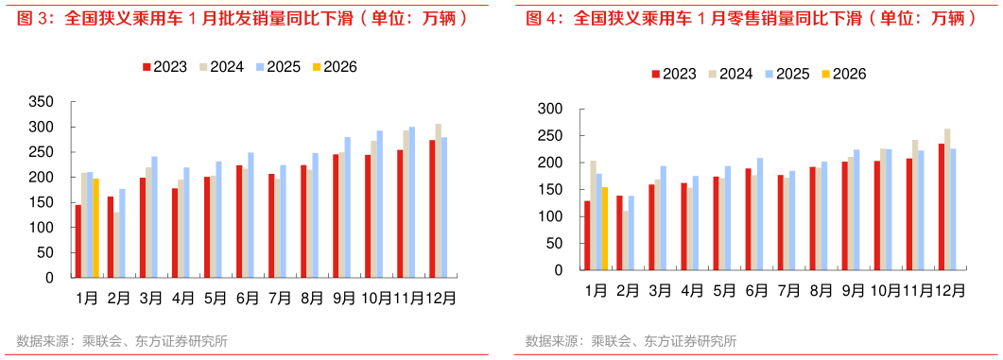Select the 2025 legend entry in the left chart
278,67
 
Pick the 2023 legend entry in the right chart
673,74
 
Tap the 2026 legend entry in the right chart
842,74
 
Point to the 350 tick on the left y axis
43,102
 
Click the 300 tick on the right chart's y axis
549,109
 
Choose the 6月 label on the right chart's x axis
756,290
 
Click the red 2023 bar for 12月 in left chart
432,209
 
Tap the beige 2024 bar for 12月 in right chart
947,198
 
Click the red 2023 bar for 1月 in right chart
587,234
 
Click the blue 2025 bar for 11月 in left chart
411,202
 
